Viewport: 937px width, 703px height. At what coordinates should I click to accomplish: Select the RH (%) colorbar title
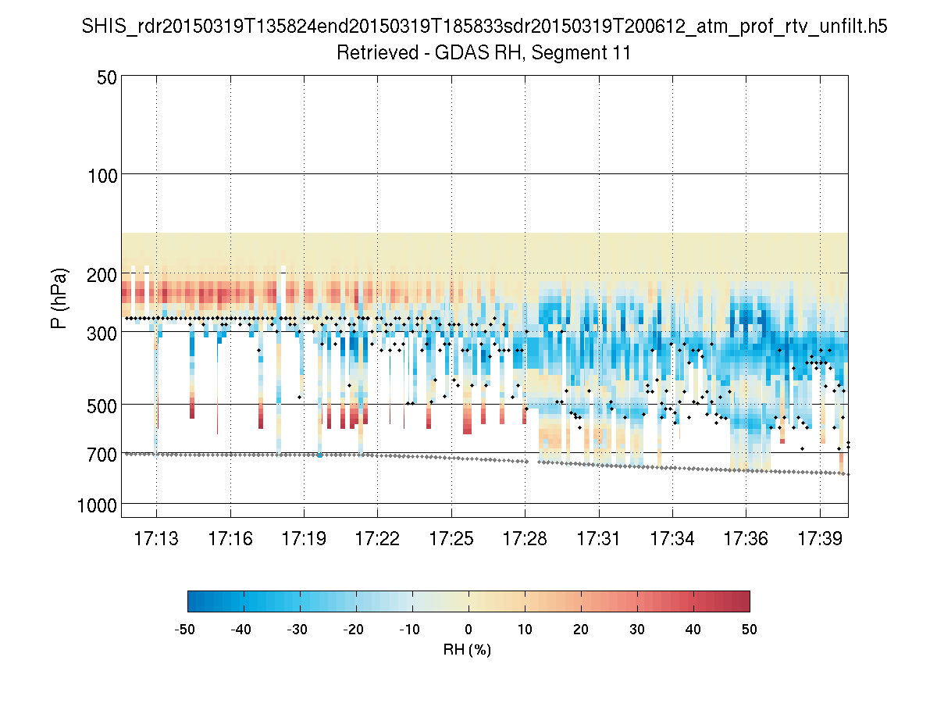[468, 648]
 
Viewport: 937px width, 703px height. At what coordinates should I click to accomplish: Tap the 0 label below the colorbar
[468, 629]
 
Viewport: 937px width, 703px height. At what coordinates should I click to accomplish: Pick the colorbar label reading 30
[637, 629]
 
